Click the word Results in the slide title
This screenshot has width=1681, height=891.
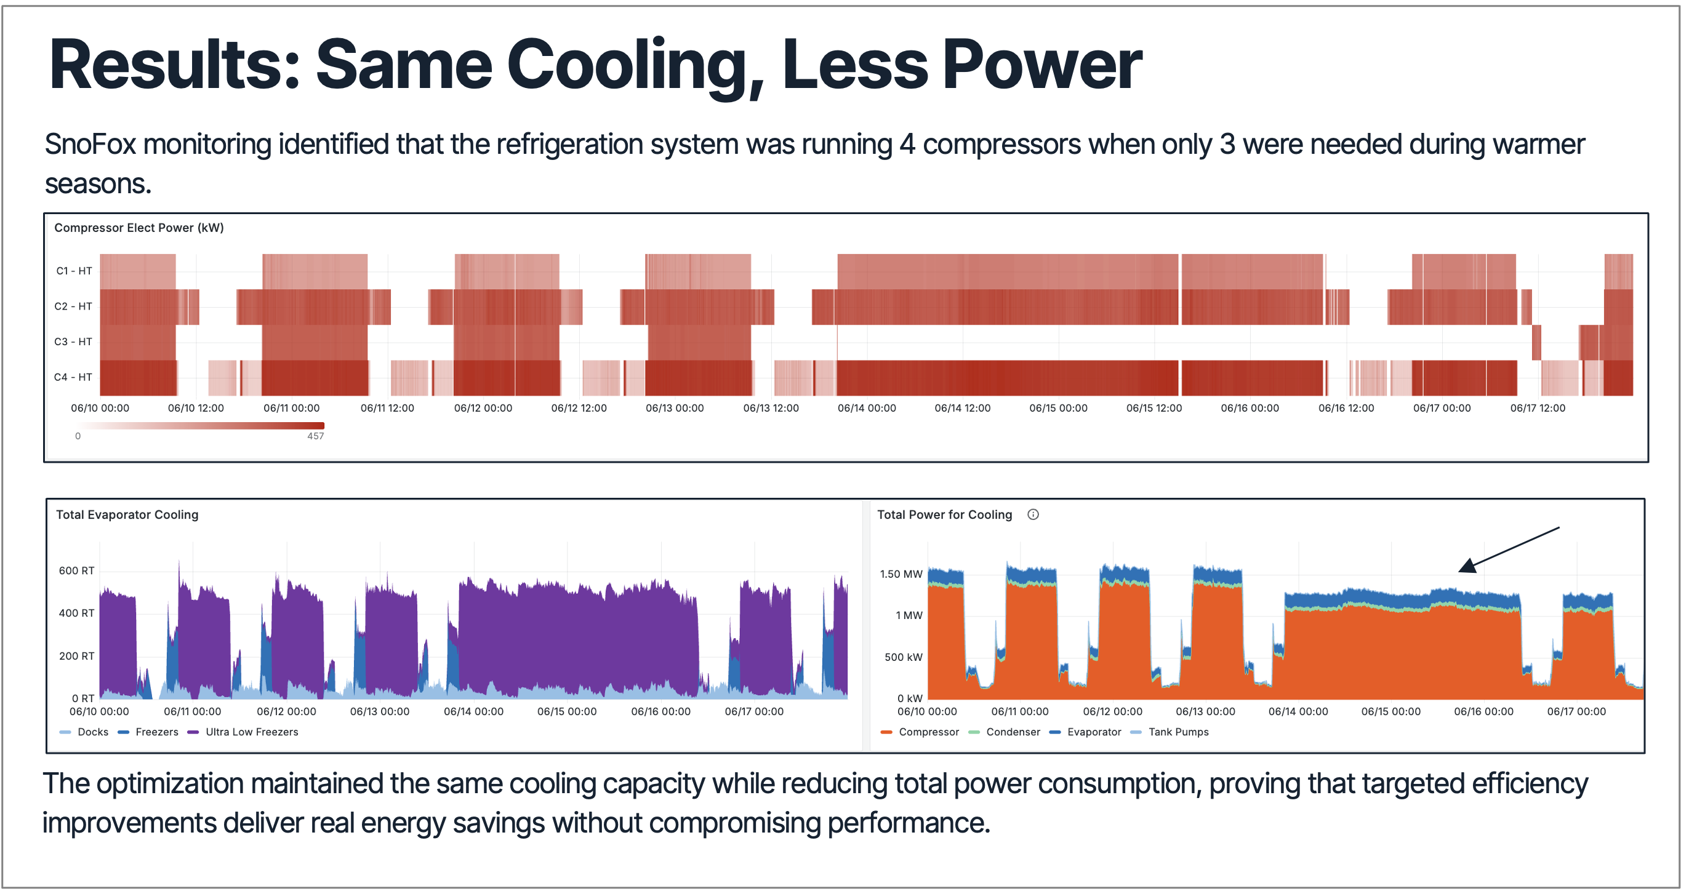pos(173,65)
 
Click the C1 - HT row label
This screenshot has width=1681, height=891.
pos(74,271)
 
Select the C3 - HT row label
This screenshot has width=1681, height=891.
pos(73,342)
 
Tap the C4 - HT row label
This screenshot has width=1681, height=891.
pos(73,377)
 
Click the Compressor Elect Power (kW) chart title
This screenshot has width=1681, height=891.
pos(139,228)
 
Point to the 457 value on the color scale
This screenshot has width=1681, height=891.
pos(316,436)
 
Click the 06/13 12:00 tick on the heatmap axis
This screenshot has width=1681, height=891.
pos(771,409)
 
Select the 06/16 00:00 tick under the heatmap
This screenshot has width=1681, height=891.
pos(1250,409)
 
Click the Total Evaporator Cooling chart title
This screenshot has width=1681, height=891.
pos(127,514)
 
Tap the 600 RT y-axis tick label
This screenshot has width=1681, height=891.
pos(76,571)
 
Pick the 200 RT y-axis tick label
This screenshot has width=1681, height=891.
pos(76,656)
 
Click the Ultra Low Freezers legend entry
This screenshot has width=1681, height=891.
pos(251,732)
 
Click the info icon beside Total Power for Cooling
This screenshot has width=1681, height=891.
pos(1033,514)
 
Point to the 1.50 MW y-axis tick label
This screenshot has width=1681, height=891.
pos(901,574)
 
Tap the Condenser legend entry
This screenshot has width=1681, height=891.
pos(1013,732)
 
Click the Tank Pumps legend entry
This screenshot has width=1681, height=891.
pos(1178,732)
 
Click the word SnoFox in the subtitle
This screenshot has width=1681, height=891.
pos(90,145)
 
